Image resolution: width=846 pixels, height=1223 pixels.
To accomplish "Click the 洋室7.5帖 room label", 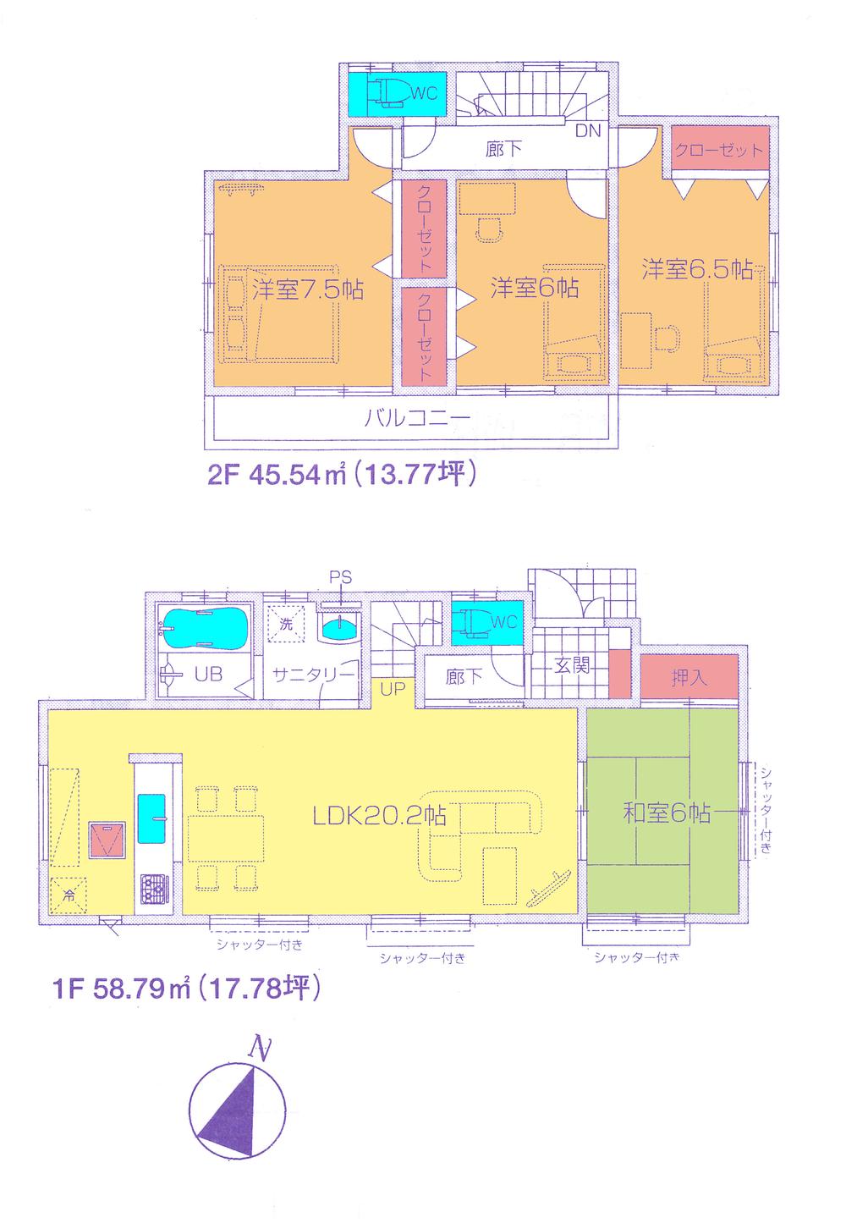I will [308, 290].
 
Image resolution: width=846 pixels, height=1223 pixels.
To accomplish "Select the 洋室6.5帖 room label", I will [696, 270].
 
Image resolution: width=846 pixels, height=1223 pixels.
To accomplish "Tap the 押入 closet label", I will [689, 679].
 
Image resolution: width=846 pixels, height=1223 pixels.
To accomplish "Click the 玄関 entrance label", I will [572, 664].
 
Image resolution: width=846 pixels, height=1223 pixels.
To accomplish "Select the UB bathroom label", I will [208, 675].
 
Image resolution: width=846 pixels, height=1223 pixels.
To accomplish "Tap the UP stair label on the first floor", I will [392, 690].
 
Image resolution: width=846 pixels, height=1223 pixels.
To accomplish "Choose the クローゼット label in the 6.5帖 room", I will [720, 150].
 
